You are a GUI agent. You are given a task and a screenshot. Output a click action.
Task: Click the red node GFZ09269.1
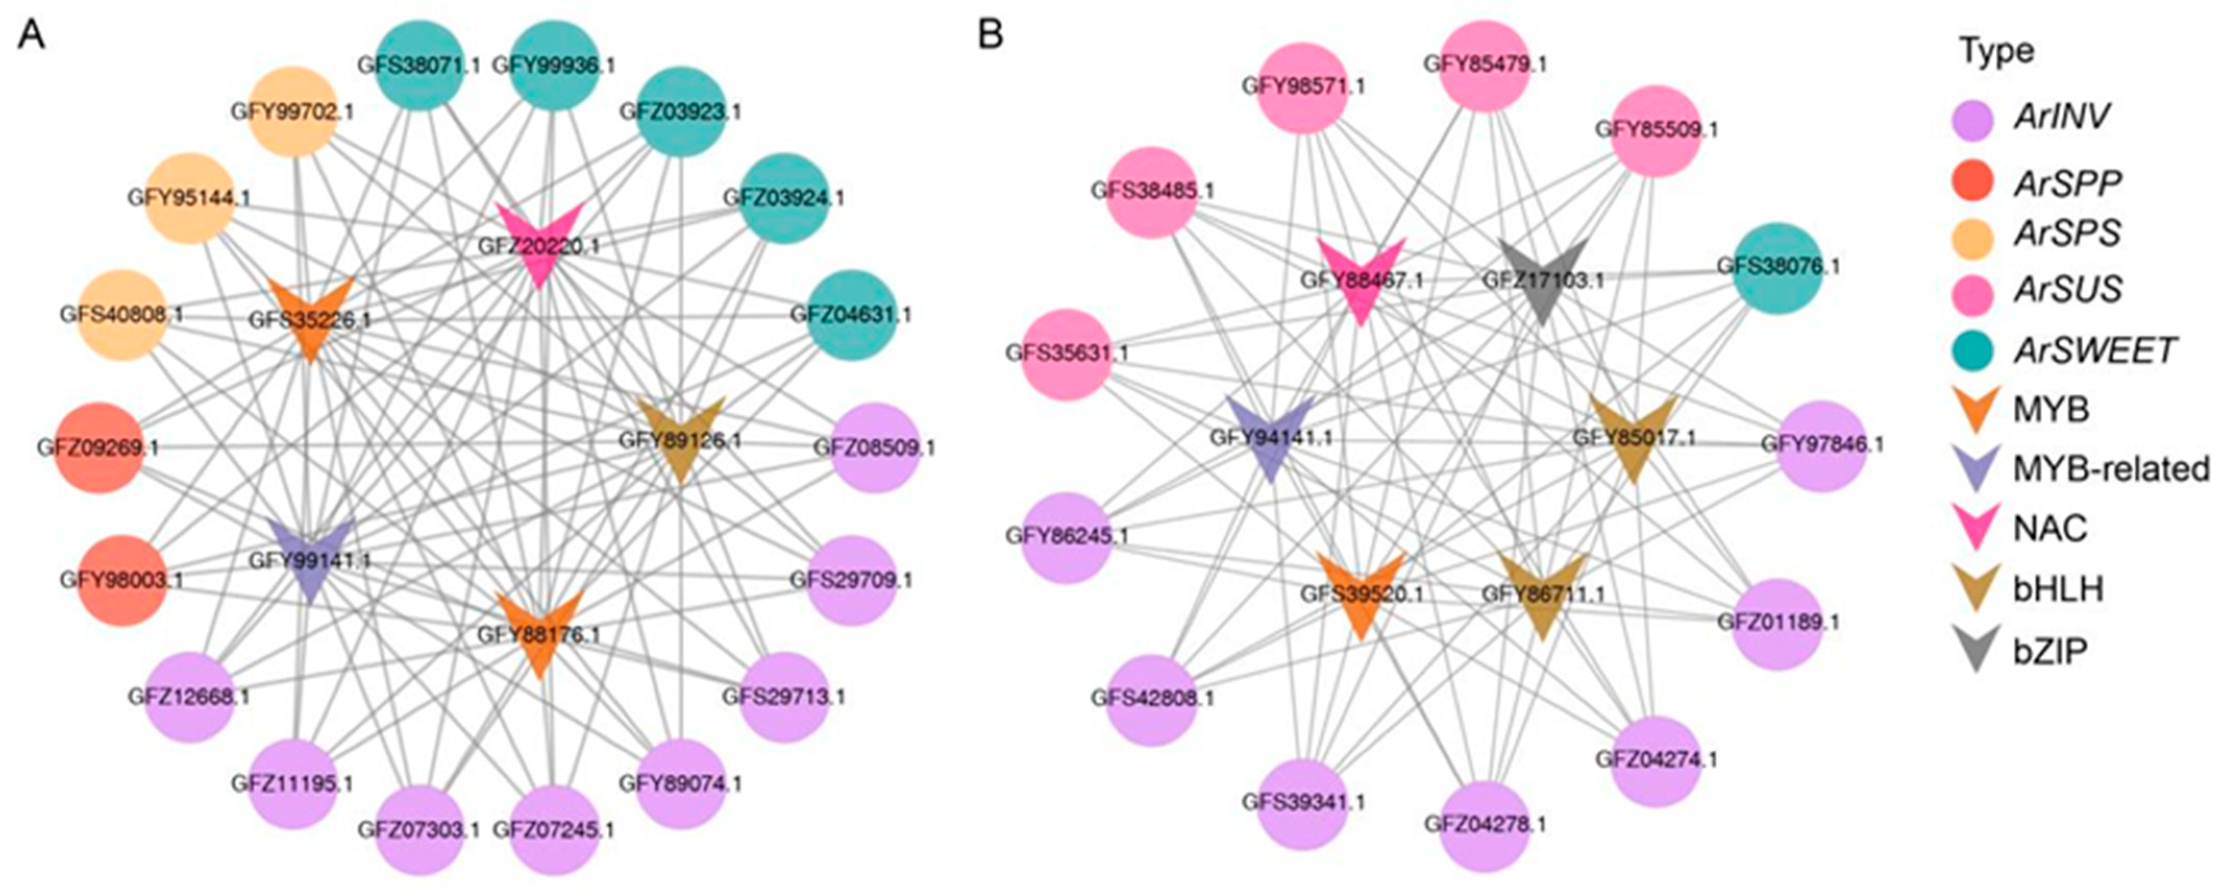tap(97, 447)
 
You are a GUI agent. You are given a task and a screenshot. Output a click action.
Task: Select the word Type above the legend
tap(1997, 51)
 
